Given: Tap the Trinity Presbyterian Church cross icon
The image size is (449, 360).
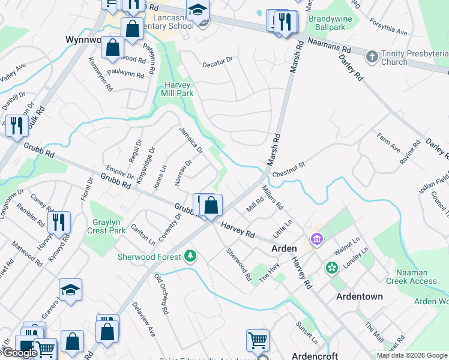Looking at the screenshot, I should pos(372,56).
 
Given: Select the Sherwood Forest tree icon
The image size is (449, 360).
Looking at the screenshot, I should pos(190,256).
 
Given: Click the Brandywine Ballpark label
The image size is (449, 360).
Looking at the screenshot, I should pos(330,23).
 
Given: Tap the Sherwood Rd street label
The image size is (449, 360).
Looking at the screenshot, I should pos(238,265).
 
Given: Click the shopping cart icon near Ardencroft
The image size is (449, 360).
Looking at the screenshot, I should pos(258,340).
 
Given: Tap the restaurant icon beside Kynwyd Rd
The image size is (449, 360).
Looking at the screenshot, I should pos(59,223).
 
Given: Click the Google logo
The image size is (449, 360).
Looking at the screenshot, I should pos(20,353).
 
